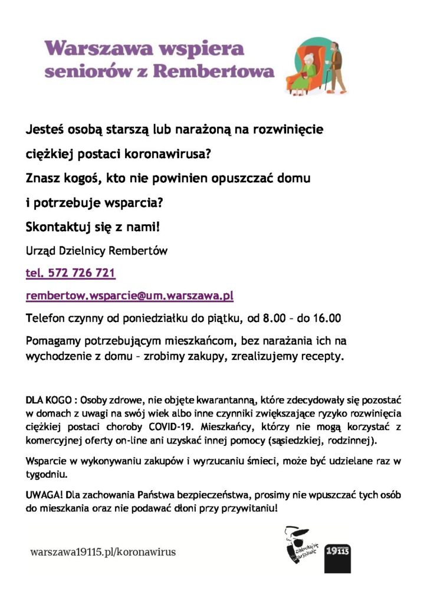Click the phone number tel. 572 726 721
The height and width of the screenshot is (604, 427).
click(x=71, y=274)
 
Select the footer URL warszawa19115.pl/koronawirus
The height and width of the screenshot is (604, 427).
click(x=103, y=552)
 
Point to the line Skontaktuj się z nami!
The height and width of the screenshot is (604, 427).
click(x=93, y=227)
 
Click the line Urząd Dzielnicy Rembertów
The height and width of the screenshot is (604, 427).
click(x=97, y=251)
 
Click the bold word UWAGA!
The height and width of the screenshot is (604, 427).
click(x=42, y=494)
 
